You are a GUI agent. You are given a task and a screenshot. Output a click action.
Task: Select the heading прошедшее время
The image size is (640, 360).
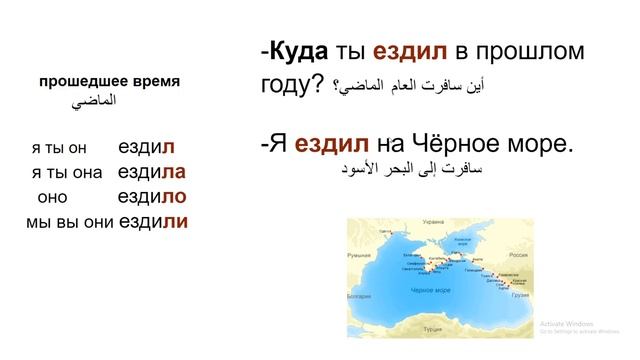[110, 81]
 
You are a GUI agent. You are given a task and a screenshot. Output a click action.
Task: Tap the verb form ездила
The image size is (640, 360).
[152, 171]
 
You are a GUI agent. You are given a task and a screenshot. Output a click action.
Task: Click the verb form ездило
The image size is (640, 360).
[152, 196]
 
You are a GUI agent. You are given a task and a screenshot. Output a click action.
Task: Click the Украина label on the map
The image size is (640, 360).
[433, 221]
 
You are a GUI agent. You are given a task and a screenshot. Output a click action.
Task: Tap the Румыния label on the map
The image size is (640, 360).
[358, 256]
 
